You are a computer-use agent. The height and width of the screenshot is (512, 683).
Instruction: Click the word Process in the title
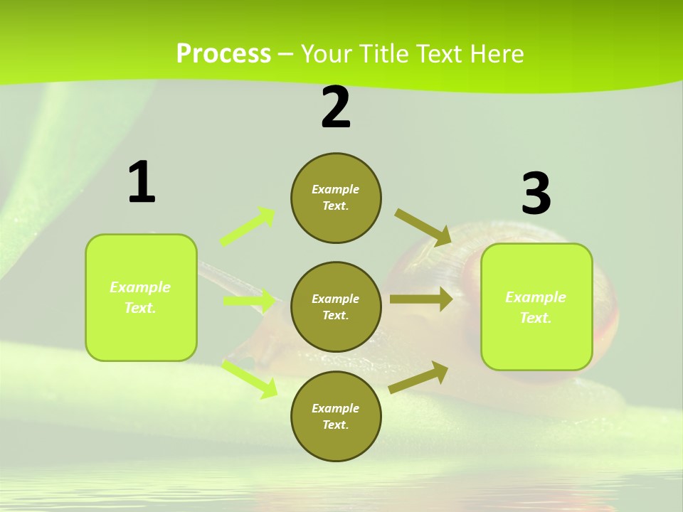[223, 53]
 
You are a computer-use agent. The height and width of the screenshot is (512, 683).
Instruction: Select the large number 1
[142, 183]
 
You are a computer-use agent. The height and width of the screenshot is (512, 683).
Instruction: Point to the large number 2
[336, 107]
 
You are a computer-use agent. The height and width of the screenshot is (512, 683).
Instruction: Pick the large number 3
[536, 194]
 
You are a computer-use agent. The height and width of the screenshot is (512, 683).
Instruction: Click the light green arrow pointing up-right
[248, 227]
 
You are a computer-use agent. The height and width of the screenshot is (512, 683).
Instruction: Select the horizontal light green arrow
[249, 301]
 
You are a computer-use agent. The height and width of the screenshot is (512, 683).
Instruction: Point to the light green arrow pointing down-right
[250, 378]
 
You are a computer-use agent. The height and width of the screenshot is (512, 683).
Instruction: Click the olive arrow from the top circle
[423, 227]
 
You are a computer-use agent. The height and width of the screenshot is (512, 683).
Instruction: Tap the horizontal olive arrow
[421, 299]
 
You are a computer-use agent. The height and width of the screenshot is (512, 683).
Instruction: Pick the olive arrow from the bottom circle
[419, 378]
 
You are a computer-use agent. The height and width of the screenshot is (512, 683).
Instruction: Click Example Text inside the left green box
[140, 297]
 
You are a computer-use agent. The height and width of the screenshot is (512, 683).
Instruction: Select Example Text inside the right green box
[536, 307]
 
